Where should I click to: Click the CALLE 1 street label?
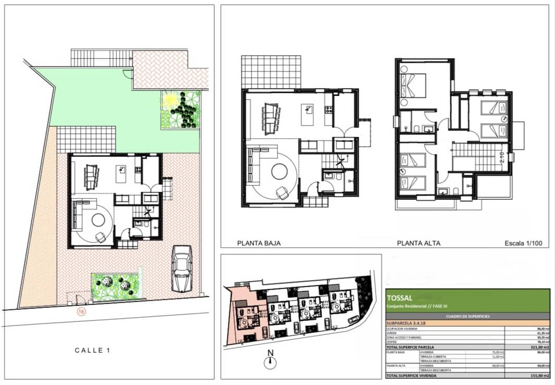click(92, 351)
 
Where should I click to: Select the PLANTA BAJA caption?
click(259, 243)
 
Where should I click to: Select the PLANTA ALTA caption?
click(418, 243)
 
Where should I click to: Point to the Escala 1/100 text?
click(525, 243)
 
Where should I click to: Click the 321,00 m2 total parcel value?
click(537, 347)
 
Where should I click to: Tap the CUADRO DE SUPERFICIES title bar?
click(467, 316)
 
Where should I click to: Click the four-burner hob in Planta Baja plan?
click(329, 110)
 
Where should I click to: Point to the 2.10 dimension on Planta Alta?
click(502, 157)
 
